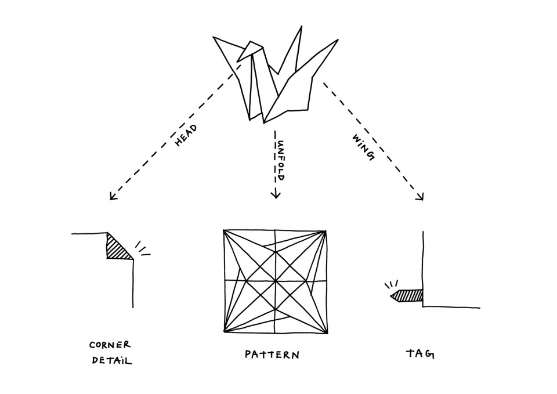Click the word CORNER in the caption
(110, 345)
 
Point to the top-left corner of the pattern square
(224, 231)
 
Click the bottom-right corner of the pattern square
(327, 333)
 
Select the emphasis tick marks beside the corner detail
(143, 250)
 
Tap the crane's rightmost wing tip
(338, 40)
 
